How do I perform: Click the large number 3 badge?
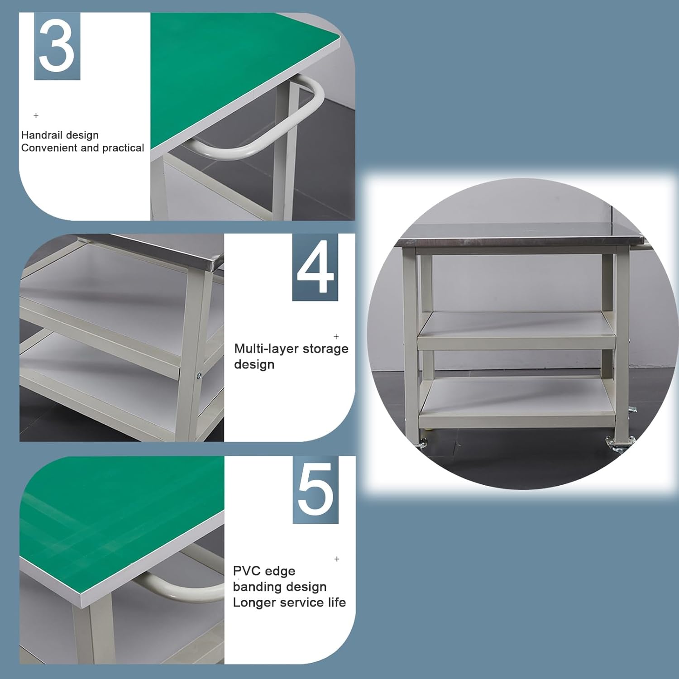tap(57, 46)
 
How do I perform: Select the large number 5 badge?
tap(316, 490)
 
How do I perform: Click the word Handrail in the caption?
tap(40, 135)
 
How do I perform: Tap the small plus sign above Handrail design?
tap(36, 115)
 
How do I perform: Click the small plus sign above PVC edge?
tap(337, 559)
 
